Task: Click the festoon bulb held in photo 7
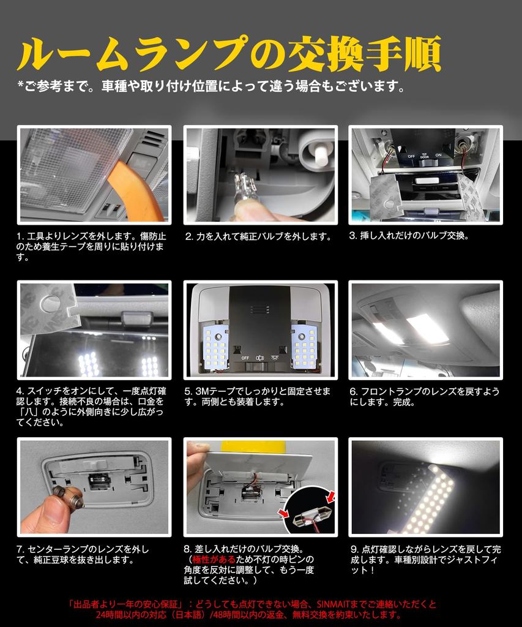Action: tap(68, 495)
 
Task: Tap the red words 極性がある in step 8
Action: tap(214, 560)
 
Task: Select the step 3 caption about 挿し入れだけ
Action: tap(409, 236)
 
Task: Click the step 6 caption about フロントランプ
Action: tap(425, 397)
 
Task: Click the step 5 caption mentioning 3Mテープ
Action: tap(258, 397)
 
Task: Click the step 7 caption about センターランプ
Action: tap(83, 555)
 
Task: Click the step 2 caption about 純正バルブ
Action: tap(258, 236)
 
